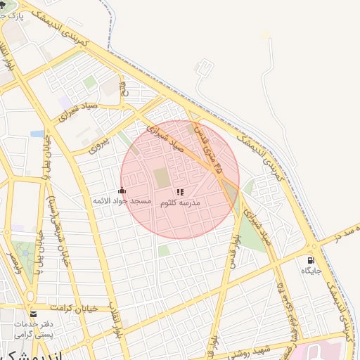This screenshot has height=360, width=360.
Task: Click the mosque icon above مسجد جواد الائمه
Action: click(x=122, y=190)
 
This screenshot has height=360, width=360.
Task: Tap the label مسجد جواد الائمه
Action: click(x=122, y=201)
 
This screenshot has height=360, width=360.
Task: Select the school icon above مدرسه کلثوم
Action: click(x=180, y=191)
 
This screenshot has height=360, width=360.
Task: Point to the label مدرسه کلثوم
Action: click(x=180, y=202)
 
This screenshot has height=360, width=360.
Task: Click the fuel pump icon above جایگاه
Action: click(x=311, y=260)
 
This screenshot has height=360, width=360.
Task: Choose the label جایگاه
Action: click(x=311, y=271)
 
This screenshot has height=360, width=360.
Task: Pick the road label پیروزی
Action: click(x=101, y=141)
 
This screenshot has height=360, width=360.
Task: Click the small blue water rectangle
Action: click(x=37, y=133)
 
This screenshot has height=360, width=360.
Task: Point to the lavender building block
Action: click(x=65, y=103)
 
